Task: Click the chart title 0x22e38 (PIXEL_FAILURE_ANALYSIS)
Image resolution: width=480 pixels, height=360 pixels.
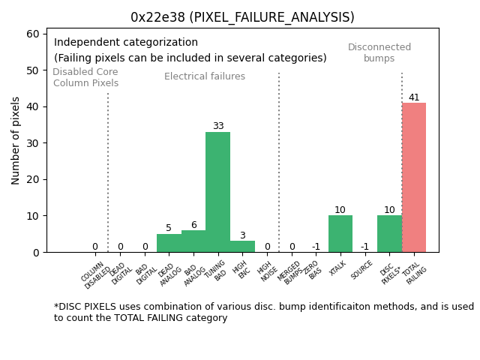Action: pyautogui.click(x=242, y=17)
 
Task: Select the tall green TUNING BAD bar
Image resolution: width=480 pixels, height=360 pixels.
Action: pyautogui.click(x=217, y=192)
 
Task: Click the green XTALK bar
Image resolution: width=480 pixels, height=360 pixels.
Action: pyautogui.click(x=340, y=233)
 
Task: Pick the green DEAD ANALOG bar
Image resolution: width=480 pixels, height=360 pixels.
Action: pyautogui.click(x=169, y=243)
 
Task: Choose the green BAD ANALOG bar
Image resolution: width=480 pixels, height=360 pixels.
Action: pyautogui.click(x=193, y=241)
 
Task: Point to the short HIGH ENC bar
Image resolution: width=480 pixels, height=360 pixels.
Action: pyautogui.click(x=242, y=246)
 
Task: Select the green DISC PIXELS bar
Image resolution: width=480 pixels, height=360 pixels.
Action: pyautogui.click(x=389, y=233)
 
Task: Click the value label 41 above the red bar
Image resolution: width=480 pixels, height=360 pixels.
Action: pyautogui.click(x=414, y=97)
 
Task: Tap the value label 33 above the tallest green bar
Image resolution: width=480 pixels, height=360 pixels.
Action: pyautogui.click(x=217, y=126)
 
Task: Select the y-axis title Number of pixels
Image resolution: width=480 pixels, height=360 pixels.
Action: pyautogui.click(x=16, y=140)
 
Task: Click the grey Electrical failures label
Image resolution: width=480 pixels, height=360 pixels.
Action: pyautogui.click(x=205, y=76)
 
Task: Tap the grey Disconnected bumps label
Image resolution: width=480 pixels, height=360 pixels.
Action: pyautogui.click(x=379, y=52)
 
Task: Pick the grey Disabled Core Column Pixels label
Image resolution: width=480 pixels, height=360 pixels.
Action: pyautogui.click(x=85, y=77)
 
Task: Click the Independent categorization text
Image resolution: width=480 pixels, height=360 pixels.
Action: pyautogui.click(x=126, y=43)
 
